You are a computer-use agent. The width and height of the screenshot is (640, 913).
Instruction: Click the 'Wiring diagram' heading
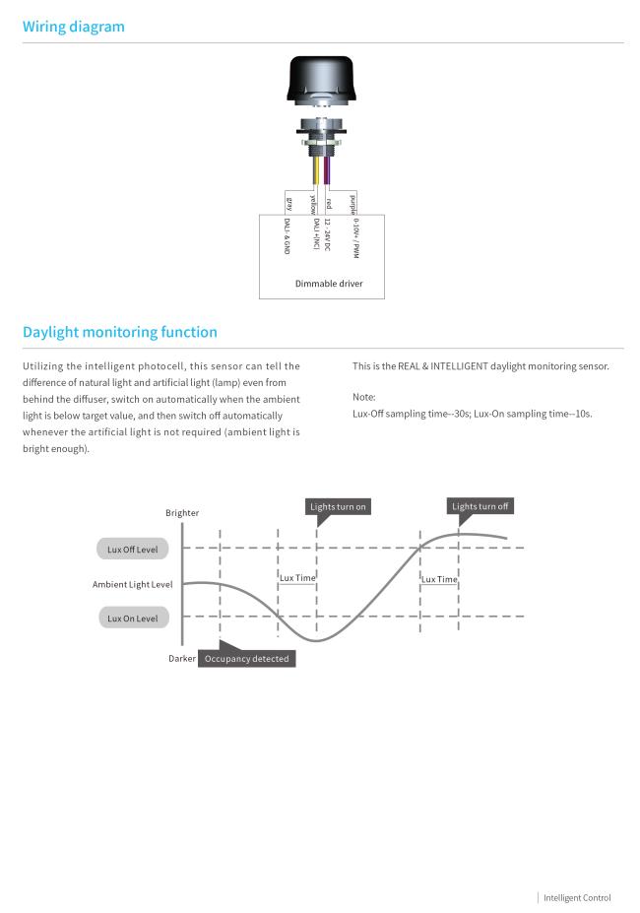click(74, 27)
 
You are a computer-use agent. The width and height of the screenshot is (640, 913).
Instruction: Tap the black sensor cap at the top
click(320, 81)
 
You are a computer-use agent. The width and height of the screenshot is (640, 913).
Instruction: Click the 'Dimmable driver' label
click(329, 284)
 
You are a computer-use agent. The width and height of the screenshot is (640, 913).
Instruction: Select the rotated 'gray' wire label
click(288, 204)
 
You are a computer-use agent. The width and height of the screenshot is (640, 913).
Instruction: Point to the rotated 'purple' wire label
click(352, 205)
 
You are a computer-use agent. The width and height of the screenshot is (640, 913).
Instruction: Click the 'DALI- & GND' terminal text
click(287, 235)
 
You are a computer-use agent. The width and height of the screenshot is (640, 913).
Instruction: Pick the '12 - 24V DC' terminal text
click(327, 234)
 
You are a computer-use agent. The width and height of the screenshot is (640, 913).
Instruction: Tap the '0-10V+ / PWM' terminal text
click(355, 238)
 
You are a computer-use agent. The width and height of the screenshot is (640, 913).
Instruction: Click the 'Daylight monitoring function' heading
click(120, 332)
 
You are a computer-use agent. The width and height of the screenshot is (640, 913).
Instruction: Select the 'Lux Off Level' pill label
click(132, 550)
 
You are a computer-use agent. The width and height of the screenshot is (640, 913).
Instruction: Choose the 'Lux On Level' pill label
click(133, 618)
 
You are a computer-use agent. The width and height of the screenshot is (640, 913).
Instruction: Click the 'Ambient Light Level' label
click(132, 584)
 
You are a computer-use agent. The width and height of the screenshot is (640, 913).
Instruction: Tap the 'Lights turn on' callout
click(338, 506)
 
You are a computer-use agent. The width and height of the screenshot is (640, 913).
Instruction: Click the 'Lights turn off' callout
click(480, 506)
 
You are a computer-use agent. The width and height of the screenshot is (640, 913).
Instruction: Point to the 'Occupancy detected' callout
click(246, 659)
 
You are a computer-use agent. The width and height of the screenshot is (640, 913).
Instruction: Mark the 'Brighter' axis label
click(182, 512)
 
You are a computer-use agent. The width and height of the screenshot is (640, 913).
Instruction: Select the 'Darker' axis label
click(182, 658)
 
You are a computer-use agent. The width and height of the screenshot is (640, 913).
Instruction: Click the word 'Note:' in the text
click(364, 397)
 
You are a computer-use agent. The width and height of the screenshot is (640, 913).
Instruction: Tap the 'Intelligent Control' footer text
click(577, 897)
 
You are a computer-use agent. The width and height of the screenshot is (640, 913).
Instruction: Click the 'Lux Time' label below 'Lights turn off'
click(439, 579)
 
